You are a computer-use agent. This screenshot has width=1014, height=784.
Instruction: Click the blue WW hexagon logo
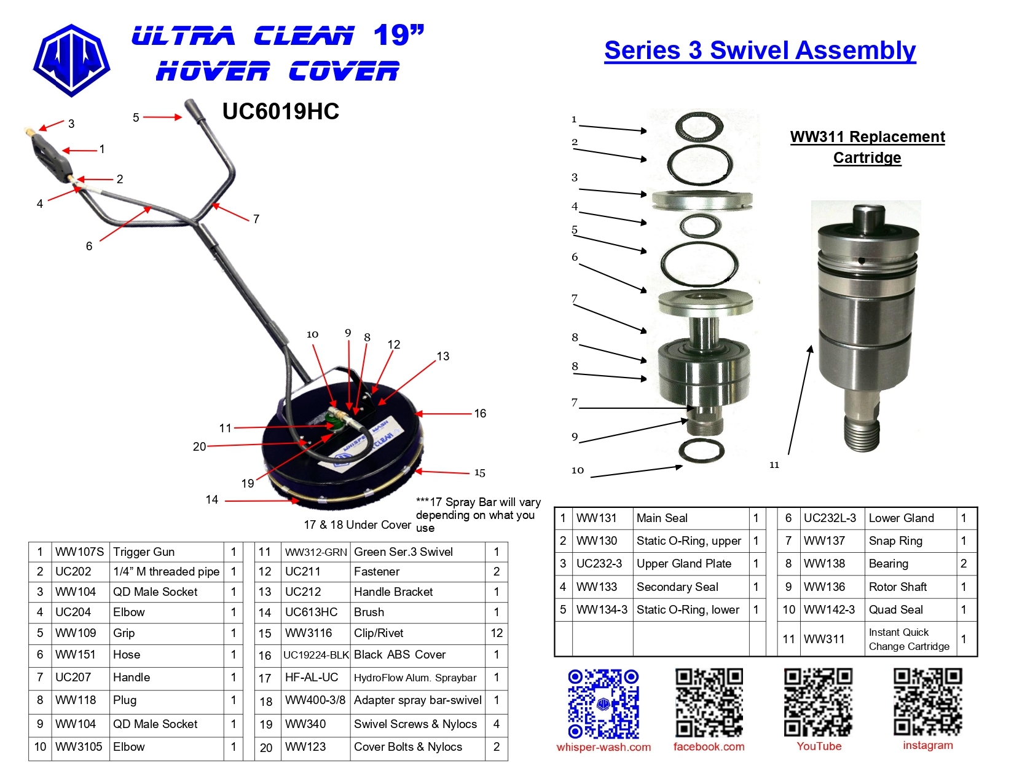pos(71,60)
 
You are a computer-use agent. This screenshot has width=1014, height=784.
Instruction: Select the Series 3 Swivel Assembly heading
pos(760,50)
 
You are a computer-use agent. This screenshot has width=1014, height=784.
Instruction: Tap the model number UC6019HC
pos(280,111)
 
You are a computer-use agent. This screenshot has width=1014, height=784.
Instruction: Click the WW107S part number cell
pos(79,552)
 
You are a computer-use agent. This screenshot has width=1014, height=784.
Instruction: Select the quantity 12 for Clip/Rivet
pos(497,633)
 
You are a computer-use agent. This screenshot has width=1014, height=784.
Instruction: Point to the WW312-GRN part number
pos(316,552)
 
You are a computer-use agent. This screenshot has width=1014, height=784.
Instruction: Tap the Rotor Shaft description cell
pos(897,587)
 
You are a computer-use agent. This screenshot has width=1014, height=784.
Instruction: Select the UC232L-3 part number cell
pos(830,518)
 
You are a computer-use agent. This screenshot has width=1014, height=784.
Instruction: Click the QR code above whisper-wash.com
pos(603,703)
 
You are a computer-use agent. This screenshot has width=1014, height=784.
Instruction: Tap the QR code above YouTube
pos(818,702)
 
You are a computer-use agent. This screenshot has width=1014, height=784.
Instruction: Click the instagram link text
pos(928,745)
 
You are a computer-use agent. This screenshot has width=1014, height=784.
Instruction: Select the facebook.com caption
pos(709,746)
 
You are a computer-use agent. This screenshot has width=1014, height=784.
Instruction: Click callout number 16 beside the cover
pos(480,413)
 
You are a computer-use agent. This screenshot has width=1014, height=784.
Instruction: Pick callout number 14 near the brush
pos(212,500)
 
